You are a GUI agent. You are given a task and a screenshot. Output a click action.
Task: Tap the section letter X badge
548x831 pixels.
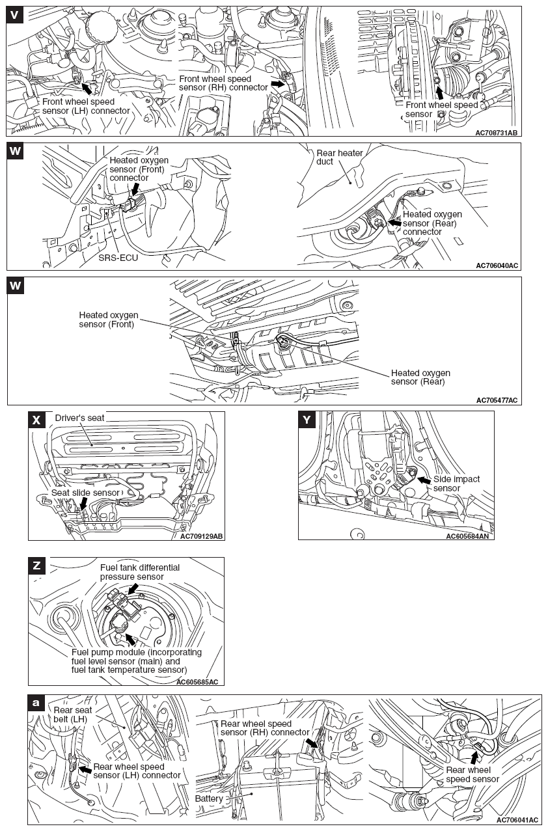(x=36, y=420)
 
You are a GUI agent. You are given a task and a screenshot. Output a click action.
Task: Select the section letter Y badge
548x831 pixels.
(x=307, y=420)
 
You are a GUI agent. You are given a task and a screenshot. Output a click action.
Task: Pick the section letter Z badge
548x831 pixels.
(x=36, y=565)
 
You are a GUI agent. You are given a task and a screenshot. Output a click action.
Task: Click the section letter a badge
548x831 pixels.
(x=36, y=702)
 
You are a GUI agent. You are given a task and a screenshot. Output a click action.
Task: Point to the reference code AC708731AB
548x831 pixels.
(x=497, y=133)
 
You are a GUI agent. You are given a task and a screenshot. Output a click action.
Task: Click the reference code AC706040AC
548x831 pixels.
(x=497, y=266)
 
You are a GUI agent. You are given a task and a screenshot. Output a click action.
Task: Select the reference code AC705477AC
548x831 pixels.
(x=497, y=400)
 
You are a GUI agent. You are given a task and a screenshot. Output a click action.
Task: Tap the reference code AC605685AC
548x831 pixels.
(x=197, y=681)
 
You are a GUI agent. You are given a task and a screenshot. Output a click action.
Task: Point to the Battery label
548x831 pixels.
(x=209, y=798)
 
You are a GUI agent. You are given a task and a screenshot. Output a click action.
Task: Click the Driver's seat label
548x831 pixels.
(x=79, y=417)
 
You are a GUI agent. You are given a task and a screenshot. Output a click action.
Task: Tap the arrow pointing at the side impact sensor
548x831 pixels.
(x=423, y=480)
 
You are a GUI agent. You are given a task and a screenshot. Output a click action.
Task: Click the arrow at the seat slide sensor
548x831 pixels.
(x=83, y=502)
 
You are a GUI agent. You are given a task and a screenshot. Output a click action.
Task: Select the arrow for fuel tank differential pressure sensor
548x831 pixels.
(x=133, y=588)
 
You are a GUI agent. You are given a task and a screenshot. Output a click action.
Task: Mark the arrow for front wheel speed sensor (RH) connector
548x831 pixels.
(x=278, y=84)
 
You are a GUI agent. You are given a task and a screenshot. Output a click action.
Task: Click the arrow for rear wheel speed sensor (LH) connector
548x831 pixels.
(x=84, y=769)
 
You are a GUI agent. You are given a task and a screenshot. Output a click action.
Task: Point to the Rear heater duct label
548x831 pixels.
(x=339, y=157)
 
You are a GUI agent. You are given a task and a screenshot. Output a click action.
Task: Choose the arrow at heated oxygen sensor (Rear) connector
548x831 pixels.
(x=395, y=222)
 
